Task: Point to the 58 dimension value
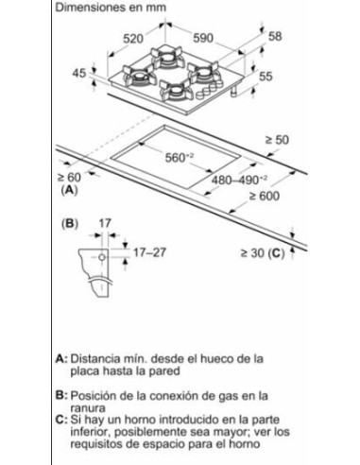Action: point(275,37)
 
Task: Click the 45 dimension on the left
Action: point(82,73)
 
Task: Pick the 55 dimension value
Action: point(266,75)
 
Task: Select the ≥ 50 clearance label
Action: point(275,139)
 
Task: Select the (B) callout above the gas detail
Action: point(68,224)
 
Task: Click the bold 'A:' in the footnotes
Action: point(62,359)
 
